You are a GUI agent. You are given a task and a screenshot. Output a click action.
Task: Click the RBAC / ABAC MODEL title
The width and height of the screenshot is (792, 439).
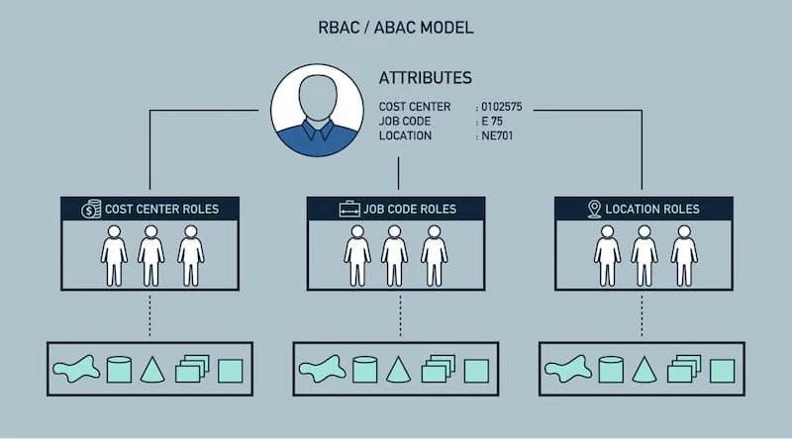coord(396,28)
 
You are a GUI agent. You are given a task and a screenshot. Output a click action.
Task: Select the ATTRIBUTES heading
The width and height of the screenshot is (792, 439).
coord(425,78)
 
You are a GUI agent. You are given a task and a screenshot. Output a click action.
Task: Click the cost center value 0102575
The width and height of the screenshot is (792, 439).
coord(505,106)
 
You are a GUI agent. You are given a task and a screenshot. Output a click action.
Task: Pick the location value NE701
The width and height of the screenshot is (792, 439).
coord(497,135)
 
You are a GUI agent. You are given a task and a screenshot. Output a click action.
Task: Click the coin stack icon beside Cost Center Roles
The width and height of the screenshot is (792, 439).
coord(91,209)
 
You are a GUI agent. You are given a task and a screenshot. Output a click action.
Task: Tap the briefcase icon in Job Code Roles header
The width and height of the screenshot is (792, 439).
coord(348,209)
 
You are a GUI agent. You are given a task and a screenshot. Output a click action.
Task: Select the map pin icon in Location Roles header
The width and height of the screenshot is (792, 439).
coord(594,209)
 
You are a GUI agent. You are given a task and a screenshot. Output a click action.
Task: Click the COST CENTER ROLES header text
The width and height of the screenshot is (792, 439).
coord(161,210)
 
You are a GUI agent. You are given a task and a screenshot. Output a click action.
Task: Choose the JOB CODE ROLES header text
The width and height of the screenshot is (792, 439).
coord(410,210)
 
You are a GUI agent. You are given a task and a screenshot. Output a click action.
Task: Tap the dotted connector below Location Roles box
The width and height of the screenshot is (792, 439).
coord(643,316)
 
